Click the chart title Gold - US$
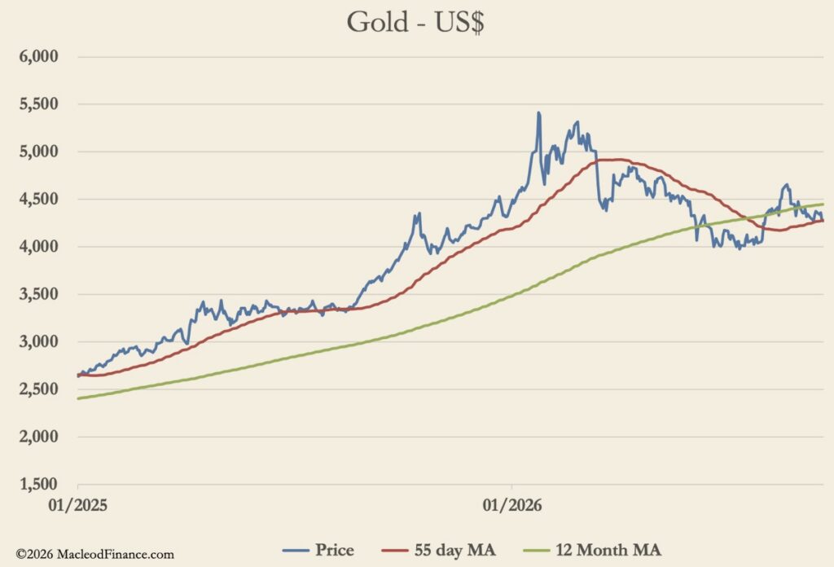point(415,23)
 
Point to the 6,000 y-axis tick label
point(39,56)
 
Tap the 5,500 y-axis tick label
point(39,103)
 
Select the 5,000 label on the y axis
point(39,152)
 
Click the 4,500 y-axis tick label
point(39,199)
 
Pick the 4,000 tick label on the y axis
point(39,246)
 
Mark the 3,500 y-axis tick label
point(39,294)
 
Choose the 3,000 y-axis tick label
point(39,341)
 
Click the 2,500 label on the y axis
point(39,389)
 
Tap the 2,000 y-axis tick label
point(39,437)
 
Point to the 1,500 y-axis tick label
point(39,484)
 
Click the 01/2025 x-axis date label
point(77,505)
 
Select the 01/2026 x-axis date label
point(512,505)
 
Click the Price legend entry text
point(335,550)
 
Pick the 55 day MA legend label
point(454,550)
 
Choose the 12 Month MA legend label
point(608,550)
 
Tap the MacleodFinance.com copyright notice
point(94,554)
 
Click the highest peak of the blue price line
point(538,112)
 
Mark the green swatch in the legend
point(536,551)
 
